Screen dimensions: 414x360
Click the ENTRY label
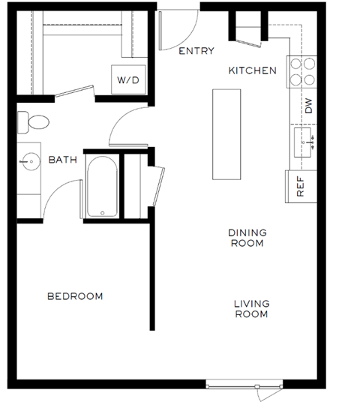tap(196, 51)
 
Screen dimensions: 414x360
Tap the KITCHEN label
tap(253, 70)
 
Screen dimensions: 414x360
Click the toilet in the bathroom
tap(33, 121)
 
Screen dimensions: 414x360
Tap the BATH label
tap(63, 160)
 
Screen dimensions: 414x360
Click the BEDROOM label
tap(75, 296)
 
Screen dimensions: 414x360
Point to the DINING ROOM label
tap(247, 238)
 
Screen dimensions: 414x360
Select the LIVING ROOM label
tap(251, 309)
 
